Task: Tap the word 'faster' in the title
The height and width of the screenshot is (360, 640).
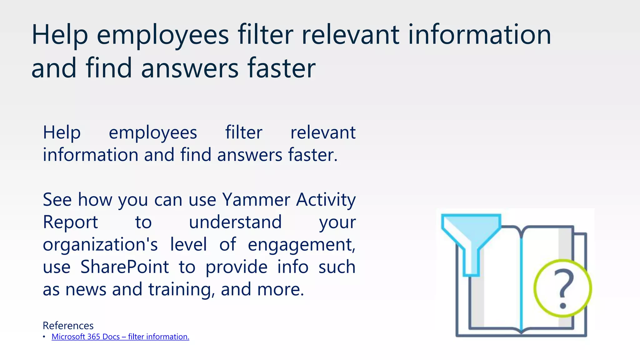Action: pos(281,68)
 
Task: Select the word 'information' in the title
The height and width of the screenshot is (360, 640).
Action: pos(479,35)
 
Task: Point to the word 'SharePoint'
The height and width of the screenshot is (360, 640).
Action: pos(124,267)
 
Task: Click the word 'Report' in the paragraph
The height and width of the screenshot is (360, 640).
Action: pos(70,222)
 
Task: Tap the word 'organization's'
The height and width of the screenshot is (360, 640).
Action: pos(100,245)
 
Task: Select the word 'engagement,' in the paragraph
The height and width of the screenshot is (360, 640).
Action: pos(302,245)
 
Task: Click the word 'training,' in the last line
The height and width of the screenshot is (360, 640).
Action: pos(182,289)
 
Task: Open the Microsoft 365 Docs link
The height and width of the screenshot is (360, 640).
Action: pos(120,337)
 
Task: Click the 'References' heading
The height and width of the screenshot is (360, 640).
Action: pos(68,326)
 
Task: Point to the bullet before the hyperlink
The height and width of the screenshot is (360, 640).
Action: pos(44,337)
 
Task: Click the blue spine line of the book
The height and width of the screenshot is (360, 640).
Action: pos(521,281)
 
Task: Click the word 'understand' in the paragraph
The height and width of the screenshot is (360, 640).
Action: pos(235,222)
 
